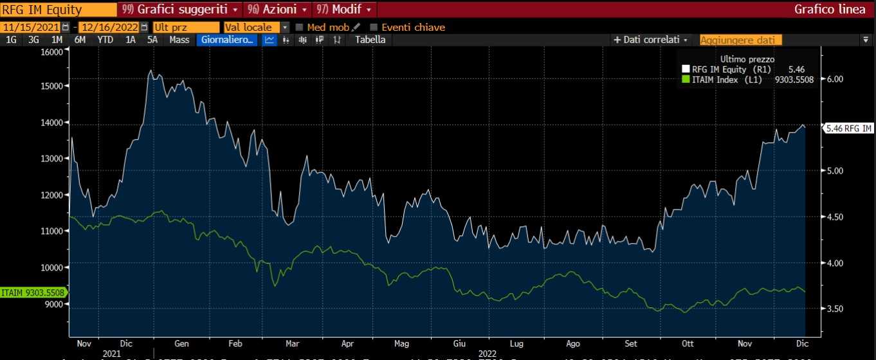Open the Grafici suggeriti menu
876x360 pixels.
pyautogui.click(x=179, y=10)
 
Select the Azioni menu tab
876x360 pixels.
pyautogui.click(x=277, y=10)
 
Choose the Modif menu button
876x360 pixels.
pyautogui.click(x=345, y=10)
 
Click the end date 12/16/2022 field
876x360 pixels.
pyautogui.click(x=109, y=28)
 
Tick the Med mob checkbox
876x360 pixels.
pyautogui.click(x=299, y=28)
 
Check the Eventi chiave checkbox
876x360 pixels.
pyautogui.click(x=374, y=28)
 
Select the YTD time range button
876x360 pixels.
pyautogui.click(x=105, y=40)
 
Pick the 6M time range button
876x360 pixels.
pyautogui.click(x=80, y=40)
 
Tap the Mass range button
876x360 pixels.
pyautogui.click(x=179, y=40)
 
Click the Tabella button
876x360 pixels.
pyautogui.click(x=370, y=40)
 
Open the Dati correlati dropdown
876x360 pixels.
pyautogui.click(x=651, y=40)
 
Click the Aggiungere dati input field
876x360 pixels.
pyautogui.click(x=740, y=40)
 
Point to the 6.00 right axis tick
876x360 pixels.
pyautogui.click(x=834, y=79)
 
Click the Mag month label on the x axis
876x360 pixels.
pyautogui.click(x=401, y=343)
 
